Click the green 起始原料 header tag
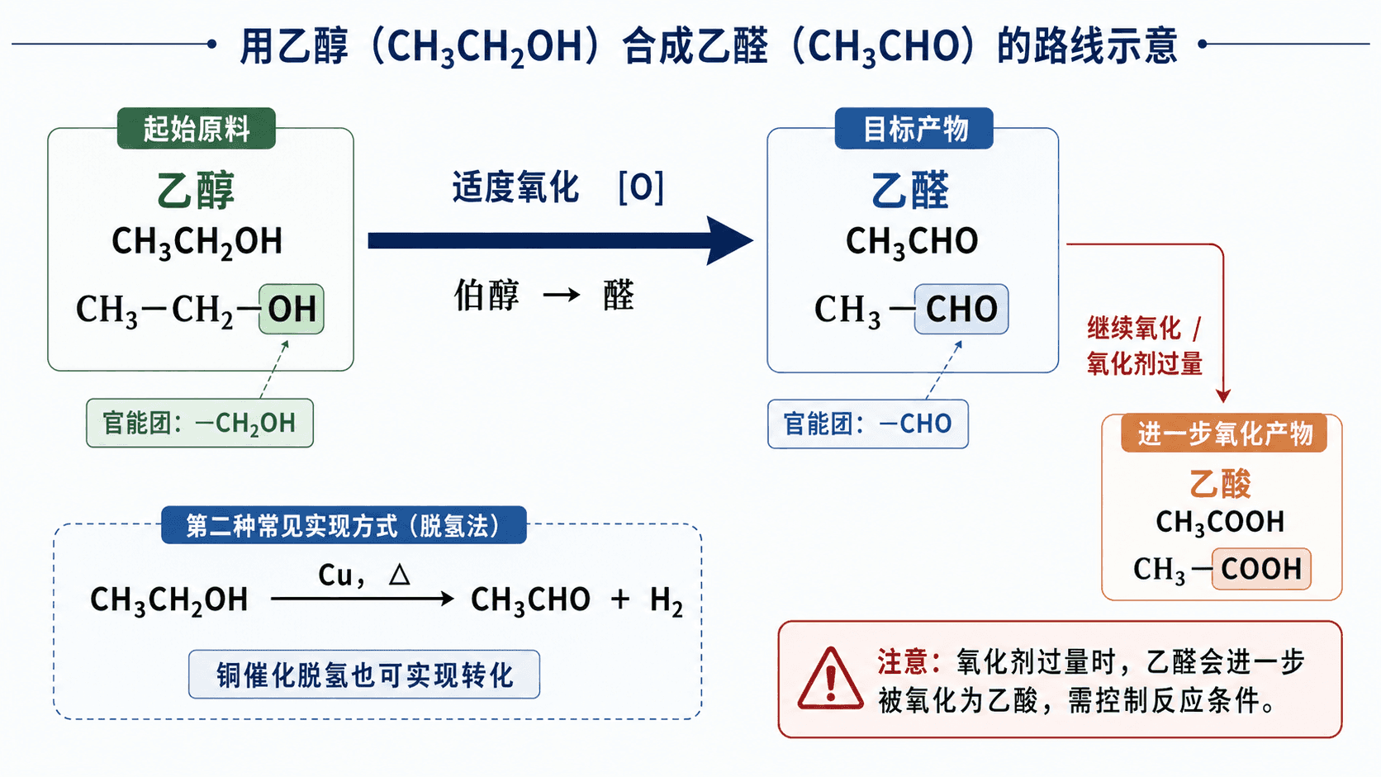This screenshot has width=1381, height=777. coord(196,128)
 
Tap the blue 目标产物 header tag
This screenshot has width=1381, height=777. coord(914,128)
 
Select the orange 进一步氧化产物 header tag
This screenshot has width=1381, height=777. coord(1224,434)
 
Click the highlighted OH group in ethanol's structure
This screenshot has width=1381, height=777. coord(291,309)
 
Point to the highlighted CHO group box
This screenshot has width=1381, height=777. coord(961,309)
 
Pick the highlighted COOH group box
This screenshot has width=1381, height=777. coord(1260,569)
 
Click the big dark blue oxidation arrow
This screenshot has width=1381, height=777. coord(561,240)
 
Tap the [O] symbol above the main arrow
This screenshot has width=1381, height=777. coord(641,187)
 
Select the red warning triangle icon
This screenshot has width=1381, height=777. coord(830,679)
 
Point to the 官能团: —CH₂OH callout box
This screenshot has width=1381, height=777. coord(200,423)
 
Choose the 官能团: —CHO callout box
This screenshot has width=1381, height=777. coord(867,424)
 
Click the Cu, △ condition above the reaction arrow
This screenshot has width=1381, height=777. coord(363,575)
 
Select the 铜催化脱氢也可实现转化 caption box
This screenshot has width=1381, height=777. coord(363,674)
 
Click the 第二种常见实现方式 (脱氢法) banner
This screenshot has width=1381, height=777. coord(344,525)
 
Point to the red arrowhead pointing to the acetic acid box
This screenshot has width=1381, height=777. coord(1223,396)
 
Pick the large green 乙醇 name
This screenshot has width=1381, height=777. coord(196,190)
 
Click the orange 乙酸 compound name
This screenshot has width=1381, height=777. coord(1220,483)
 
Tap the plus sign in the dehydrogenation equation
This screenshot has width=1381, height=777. coord(620,599)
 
